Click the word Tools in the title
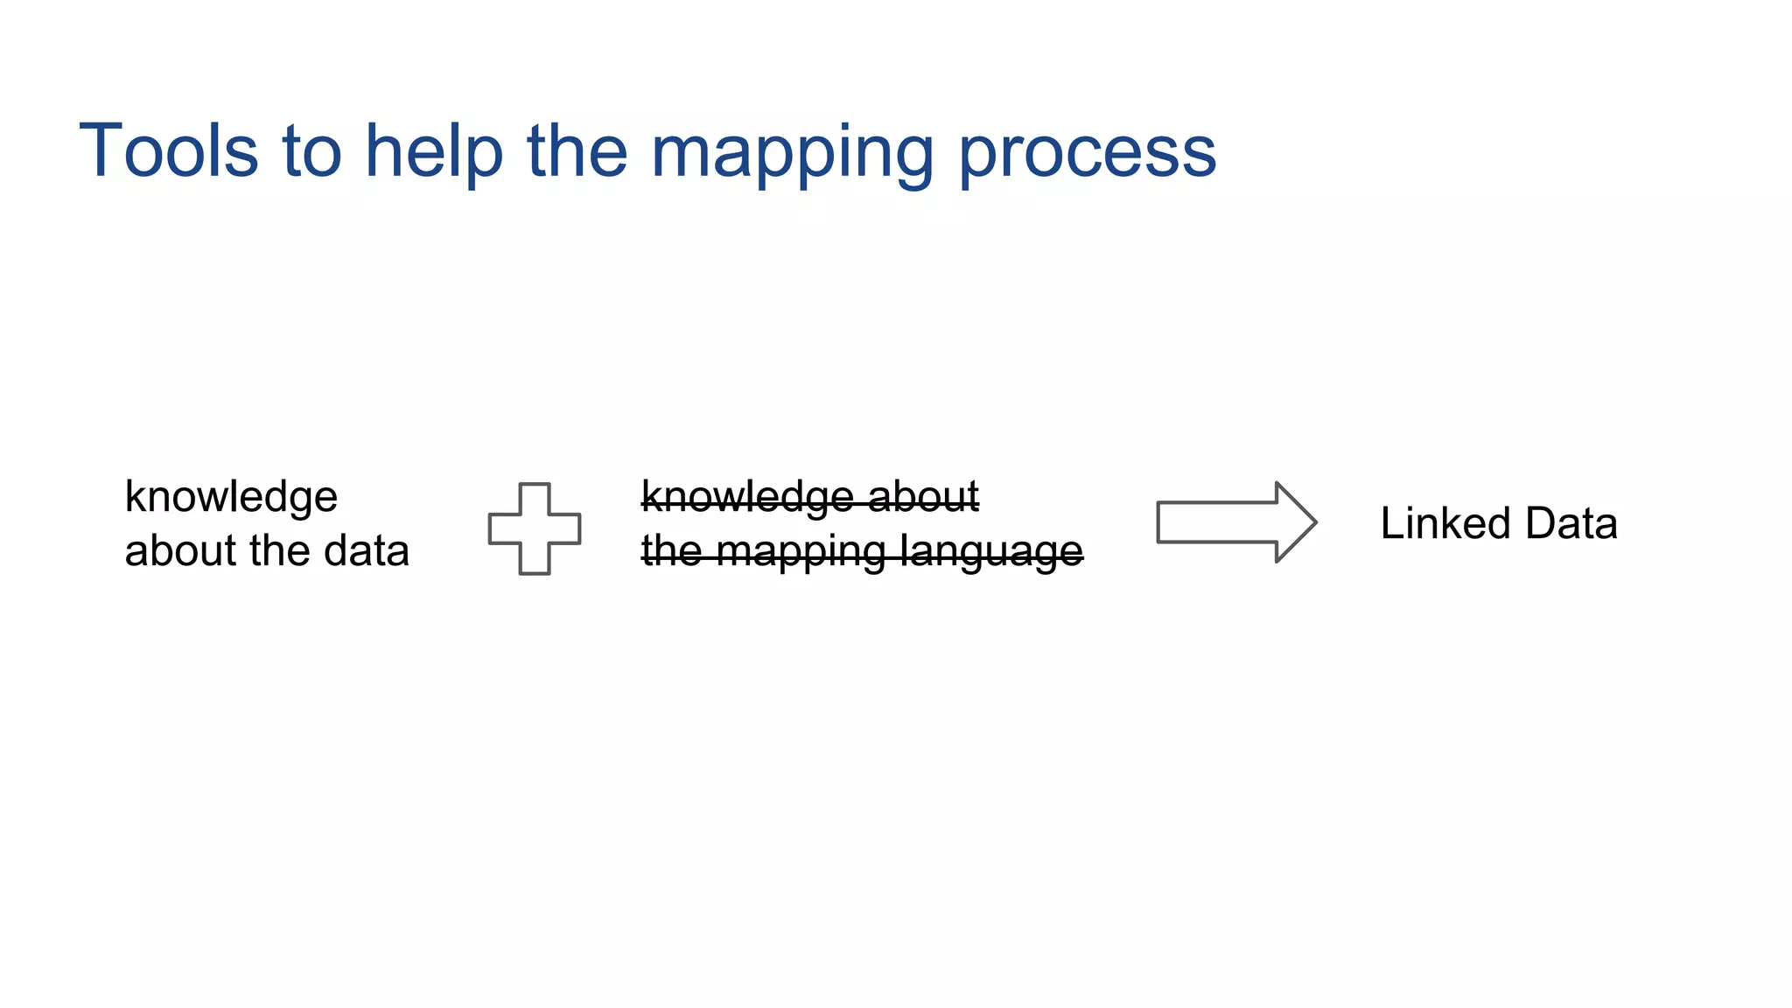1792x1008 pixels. (169, 150)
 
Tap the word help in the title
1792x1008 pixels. (434, 150)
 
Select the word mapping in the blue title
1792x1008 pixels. (793, 154)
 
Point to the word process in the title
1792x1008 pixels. (1088, 154)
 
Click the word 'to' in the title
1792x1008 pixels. (311, 150)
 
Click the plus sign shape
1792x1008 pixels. (535, 528)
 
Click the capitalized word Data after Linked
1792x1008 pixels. (1571, 523)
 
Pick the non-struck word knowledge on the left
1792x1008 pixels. (231, 497)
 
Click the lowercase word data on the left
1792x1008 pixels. (366, 551)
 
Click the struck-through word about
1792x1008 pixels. (923, 497)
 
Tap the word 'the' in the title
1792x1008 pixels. (577, 150)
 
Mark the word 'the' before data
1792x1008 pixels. (280, 551)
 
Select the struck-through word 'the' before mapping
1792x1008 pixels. (672, 551)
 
